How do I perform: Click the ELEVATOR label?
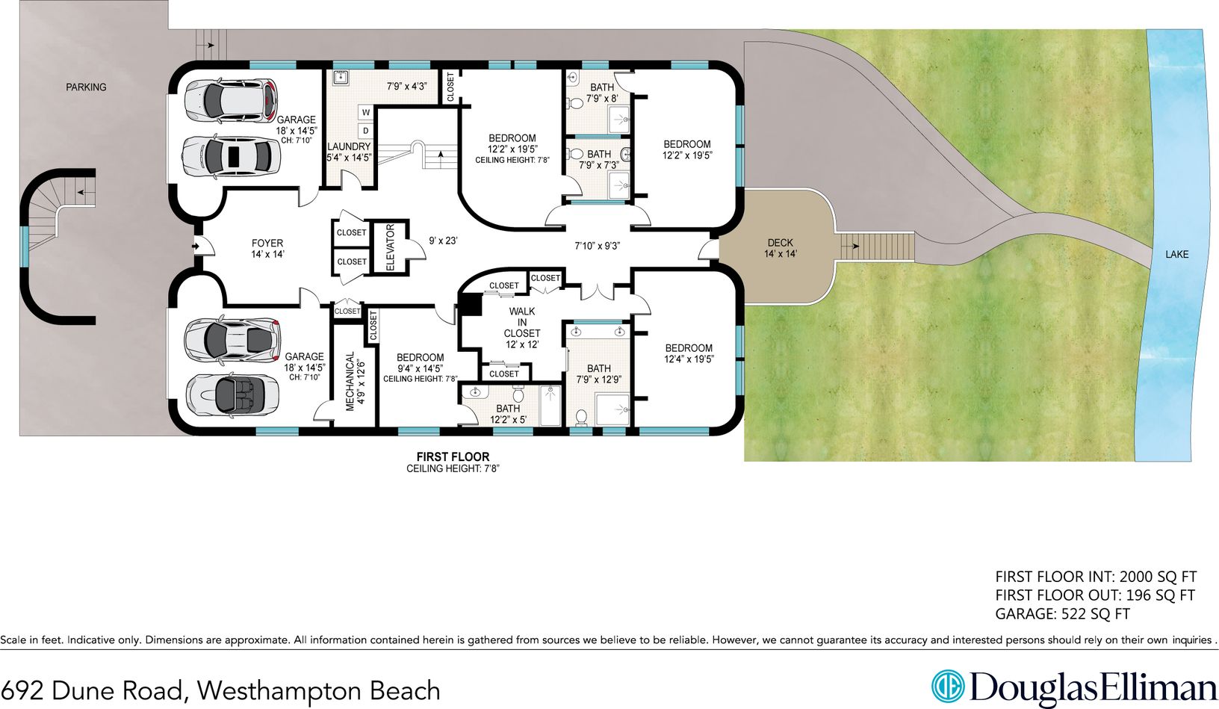click(390, 247)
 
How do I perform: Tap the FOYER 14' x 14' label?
click(267, 249)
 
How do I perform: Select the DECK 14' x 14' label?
click(780, 248)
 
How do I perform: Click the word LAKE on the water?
click(1176, 255)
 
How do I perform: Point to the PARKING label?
click(86, 87)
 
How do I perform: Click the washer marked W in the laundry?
click(366, 113)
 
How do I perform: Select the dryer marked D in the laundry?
click(366, 131)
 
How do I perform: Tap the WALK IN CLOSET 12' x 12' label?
click(522, 327)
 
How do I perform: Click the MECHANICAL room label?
click(355, 381)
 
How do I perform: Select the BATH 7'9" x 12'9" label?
click(598, 374)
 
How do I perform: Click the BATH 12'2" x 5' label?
click(508, 414)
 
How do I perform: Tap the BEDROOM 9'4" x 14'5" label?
click(420, 368)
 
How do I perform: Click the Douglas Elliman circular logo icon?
click(948, 686)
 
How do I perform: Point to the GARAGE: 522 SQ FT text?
click(1062, 614)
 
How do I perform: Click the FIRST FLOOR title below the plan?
click(453, 456)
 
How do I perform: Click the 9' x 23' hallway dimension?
click(443, 241)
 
